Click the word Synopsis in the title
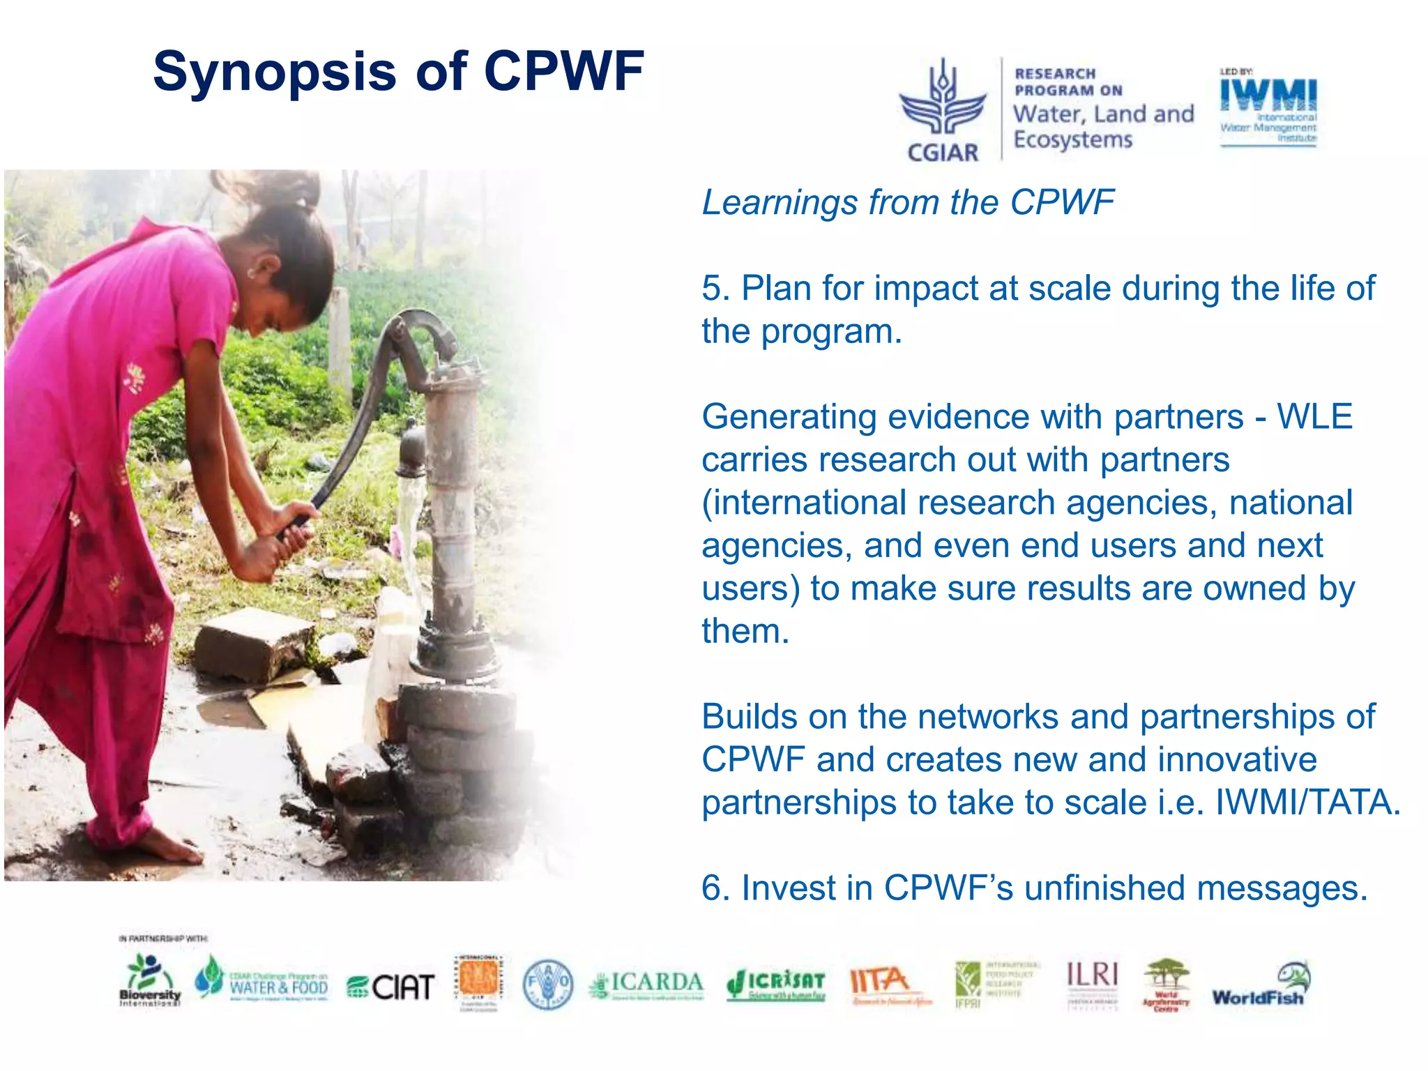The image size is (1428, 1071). (274, 73)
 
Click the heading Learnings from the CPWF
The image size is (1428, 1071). (907, 203)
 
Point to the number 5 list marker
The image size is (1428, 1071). (713, 289)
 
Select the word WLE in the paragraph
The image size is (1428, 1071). (1314, 417)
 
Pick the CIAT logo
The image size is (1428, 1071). (391, 986)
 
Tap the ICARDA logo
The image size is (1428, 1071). (646, 985)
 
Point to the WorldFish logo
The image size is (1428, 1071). (1261, 985)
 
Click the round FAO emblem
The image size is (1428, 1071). (548, 984)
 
